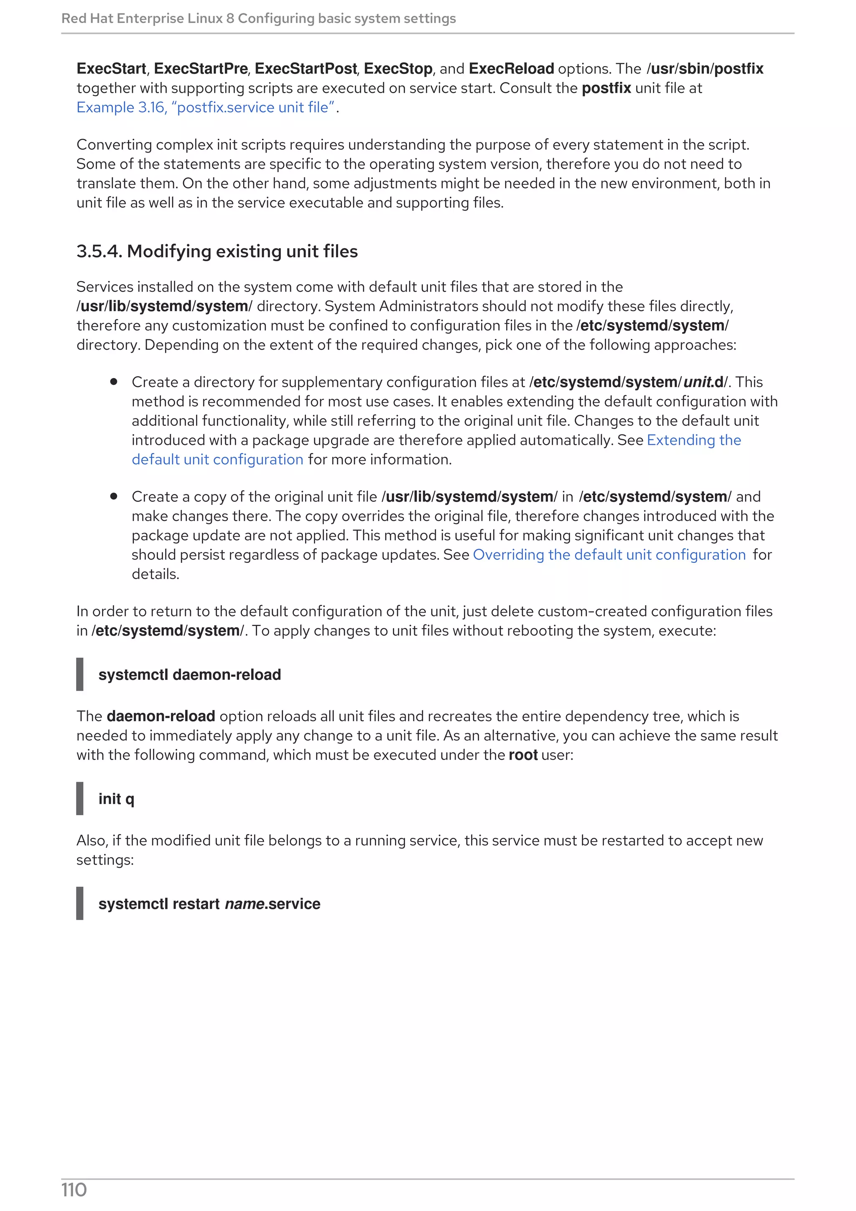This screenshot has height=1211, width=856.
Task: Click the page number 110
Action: point(74,1190)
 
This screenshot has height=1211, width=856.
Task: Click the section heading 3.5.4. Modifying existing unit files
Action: point(217,252)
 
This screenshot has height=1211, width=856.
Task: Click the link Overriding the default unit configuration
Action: point(609,555)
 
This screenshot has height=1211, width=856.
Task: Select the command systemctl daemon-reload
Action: point(189,674)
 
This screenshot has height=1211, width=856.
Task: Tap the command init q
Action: point(116,799)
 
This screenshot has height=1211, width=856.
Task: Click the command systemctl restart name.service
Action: point(209,904)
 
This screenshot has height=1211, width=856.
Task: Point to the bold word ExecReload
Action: point(511,69)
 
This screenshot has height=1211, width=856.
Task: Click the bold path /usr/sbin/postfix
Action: point(705,69)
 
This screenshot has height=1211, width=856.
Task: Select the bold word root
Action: point(523,755)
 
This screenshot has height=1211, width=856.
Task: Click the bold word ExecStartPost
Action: point(306,69)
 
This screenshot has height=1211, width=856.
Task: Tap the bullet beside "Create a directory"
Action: point(113,382)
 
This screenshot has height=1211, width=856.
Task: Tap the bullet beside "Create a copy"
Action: point(113,496)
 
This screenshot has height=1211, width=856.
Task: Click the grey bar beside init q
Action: point(80,799)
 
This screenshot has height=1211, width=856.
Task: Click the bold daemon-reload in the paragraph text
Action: point(161,716)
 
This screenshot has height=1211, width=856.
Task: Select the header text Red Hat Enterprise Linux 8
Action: point(148,18)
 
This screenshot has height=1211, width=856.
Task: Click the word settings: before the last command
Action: point(105,860)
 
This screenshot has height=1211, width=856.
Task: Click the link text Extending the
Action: point(693,440)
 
